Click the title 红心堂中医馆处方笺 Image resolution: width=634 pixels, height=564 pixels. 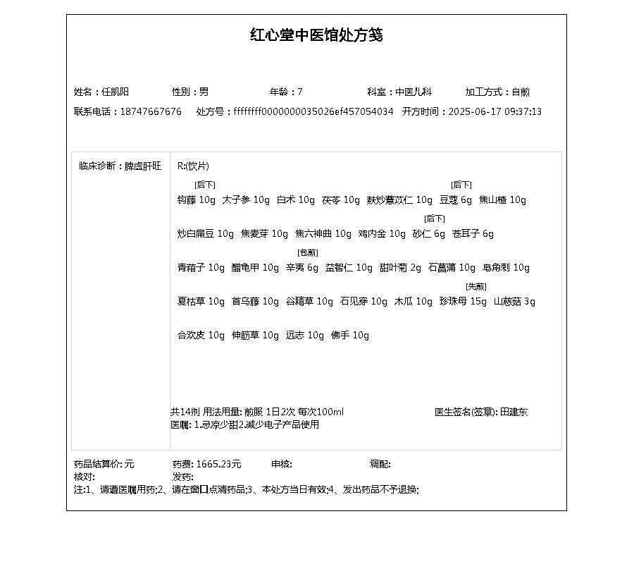click(316, 35)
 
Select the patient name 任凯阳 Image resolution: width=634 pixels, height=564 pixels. click(115, 92)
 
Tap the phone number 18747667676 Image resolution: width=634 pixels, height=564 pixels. click(151, 111)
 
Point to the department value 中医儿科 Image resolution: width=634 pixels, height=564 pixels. click(414, 92)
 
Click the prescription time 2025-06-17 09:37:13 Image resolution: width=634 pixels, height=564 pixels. click(495, 111)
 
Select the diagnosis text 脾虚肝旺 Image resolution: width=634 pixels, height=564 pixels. click(143, 166)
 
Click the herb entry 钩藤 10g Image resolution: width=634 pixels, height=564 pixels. click(197, 200)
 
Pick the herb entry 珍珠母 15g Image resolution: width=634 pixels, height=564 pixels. click(463, 302)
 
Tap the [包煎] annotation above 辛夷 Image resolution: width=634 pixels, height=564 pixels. click(308, 252)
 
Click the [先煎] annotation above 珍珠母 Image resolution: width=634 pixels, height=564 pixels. click(476, 286)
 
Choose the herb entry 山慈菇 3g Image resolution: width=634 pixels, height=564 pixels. click(514, 302)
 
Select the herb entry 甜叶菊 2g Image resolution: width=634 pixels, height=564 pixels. click(400, 268)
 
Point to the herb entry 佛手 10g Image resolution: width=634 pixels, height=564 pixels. click(350, 336)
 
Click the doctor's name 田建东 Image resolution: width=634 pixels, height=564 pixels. click(514, 412)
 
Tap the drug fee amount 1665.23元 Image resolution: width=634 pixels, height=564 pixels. click(218, 464)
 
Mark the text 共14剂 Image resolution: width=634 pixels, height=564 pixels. click(185, 412)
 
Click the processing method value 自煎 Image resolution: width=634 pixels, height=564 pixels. click(521, 92)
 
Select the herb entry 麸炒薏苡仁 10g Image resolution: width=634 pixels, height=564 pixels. click(399, 200)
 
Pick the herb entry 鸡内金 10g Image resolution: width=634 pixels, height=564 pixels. click(382, 234)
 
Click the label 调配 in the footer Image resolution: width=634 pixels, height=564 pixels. click(380, 464)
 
